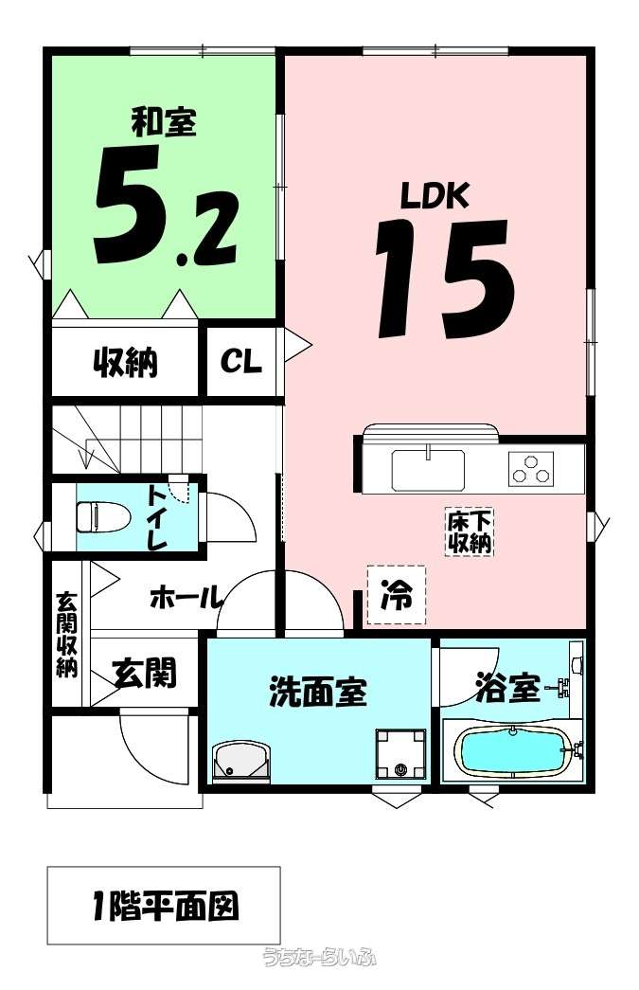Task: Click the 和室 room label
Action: coord(164,121)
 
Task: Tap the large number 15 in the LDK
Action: coord(444,279)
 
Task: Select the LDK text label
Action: coord(435,195)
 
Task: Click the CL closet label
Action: coord(240,362)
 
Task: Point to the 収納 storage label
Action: coord(126,362)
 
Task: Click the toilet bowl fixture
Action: coord(102,517)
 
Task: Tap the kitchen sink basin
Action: coord(428,470)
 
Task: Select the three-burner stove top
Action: coord(531,468)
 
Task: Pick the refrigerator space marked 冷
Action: coord(397,595)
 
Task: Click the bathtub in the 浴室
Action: coord(514,752)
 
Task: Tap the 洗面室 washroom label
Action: coord(319,692)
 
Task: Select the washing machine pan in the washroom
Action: coord(400,754)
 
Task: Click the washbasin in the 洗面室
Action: coord(242,762)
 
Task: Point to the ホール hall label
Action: coord(186,597)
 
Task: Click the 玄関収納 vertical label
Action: coord(66,634)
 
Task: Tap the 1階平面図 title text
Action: coord(165,906)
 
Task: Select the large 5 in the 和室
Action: coord(130,204)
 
